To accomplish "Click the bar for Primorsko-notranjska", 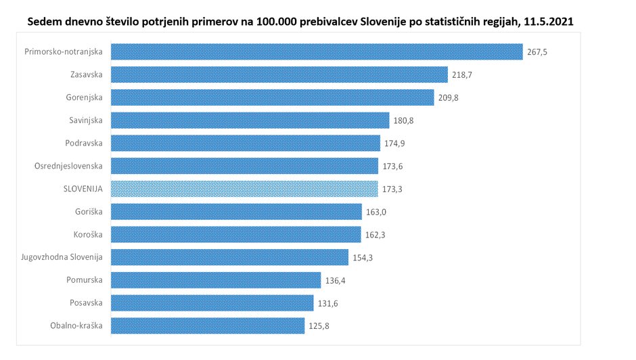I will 316,52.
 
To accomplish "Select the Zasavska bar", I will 279,74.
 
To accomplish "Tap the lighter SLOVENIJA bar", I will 244,189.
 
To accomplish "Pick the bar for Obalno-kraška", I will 207,325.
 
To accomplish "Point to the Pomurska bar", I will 215,280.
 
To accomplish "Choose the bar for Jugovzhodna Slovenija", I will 229,257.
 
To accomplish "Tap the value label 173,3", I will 392,189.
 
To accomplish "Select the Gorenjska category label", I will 85,97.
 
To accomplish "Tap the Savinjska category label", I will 86,120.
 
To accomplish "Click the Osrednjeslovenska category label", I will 68,166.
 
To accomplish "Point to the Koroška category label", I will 88,235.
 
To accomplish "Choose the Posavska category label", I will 86,303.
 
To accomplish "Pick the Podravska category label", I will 85,143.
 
